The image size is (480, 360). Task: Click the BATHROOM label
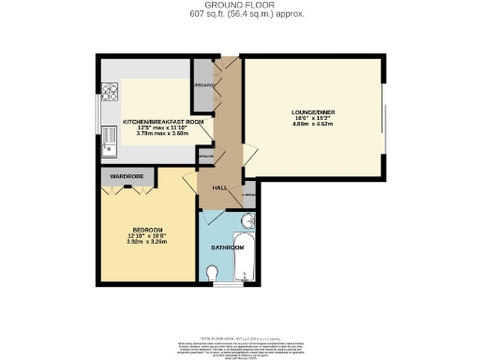[x=227, y=247]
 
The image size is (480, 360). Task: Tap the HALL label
[x=220, y=187]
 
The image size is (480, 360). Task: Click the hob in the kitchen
[x=109, y=92]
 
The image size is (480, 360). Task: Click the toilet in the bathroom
[x=214, y=272]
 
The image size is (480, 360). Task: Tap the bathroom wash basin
[x=247, y=221]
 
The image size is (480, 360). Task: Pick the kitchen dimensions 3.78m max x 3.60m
[x=163, y=133]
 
